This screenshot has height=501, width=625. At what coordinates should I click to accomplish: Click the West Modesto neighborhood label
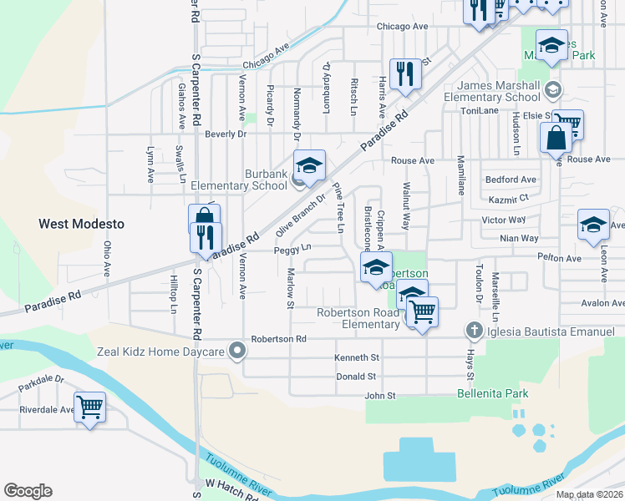[81, 224]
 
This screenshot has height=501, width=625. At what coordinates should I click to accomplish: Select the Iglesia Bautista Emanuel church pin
[475, 331]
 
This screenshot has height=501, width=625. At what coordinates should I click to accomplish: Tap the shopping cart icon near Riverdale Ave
[89, 407]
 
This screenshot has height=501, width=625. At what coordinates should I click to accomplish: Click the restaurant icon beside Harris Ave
[404, 73]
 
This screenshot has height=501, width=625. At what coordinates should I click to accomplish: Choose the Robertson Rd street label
[279, 339]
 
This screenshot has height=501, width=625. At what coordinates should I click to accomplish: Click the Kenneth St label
[358, 357]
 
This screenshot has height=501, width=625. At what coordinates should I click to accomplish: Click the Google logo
[28, 491]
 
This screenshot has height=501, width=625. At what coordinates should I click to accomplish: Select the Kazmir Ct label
[511, 199]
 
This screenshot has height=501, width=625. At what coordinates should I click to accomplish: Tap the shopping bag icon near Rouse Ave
[556, 138]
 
